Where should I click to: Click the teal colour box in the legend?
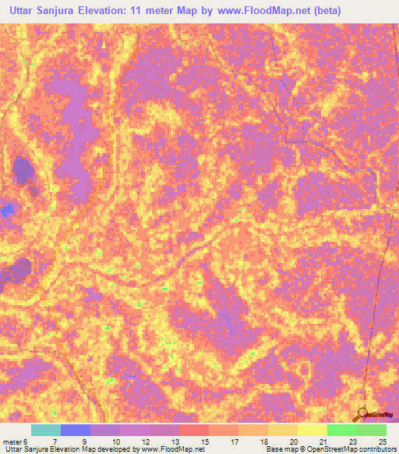(46, 430)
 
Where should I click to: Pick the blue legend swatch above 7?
(76, 430)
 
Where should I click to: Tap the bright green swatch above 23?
(342, 430)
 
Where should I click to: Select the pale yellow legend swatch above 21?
(312, 430)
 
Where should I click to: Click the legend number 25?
(381, 441)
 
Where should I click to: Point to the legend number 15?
(203, 441)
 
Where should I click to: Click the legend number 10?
(115, 441)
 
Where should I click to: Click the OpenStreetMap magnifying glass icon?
(362, 414)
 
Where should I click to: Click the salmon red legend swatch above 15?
(194, 430)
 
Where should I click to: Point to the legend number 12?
(144, 441)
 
